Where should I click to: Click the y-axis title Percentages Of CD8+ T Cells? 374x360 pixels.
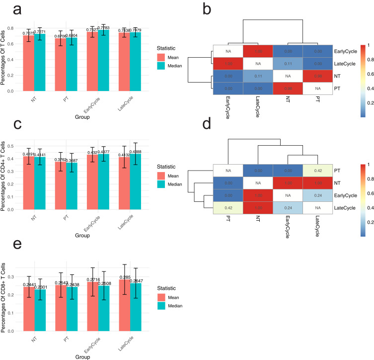pos(4,295)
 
